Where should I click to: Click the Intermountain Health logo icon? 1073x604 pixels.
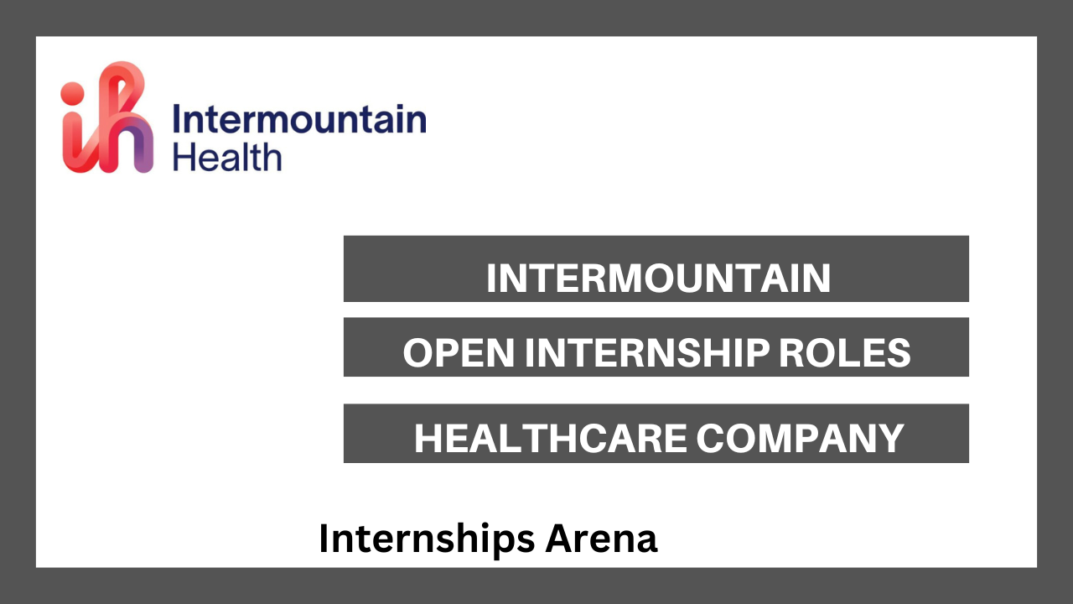pos(106,117)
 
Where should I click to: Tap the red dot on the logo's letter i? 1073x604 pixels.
pos(72,93)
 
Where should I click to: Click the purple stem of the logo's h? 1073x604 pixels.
pos(143,148)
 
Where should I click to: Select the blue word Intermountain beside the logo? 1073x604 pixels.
pos(299,119)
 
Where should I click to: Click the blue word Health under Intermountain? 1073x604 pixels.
pos(227,157)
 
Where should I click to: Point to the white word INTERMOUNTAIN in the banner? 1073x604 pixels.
pos(659,278)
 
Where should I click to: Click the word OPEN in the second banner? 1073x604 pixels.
pos(459,353)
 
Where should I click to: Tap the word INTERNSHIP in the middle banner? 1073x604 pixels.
pos(647,353)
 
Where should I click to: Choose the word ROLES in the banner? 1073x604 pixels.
pos(845,353)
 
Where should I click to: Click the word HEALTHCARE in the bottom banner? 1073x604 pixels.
pos(551,438)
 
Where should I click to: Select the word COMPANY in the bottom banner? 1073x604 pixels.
pos(800,438)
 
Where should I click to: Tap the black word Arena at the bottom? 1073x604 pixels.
pos(602,539)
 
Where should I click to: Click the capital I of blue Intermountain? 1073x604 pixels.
pos(176,119)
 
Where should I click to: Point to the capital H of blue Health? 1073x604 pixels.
pos(183,157)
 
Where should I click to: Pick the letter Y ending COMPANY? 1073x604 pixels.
pos(890,438)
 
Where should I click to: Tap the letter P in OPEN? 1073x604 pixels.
pos(448,353)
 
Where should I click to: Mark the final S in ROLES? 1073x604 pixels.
pos(899,353)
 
